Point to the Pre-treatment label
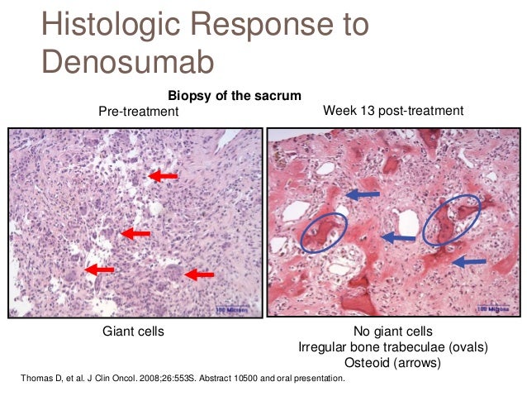click(x=138, y=111)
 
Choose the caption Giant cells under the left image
click(x=133, y=332)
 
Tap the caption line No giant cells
click(x=392, y=332)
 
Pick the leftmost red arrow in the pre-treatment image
click(x=100, y=269)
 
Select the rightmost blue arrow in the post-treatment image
click(x=470, y=262)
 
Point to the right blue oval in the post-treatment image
click(x=446, y=220)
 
